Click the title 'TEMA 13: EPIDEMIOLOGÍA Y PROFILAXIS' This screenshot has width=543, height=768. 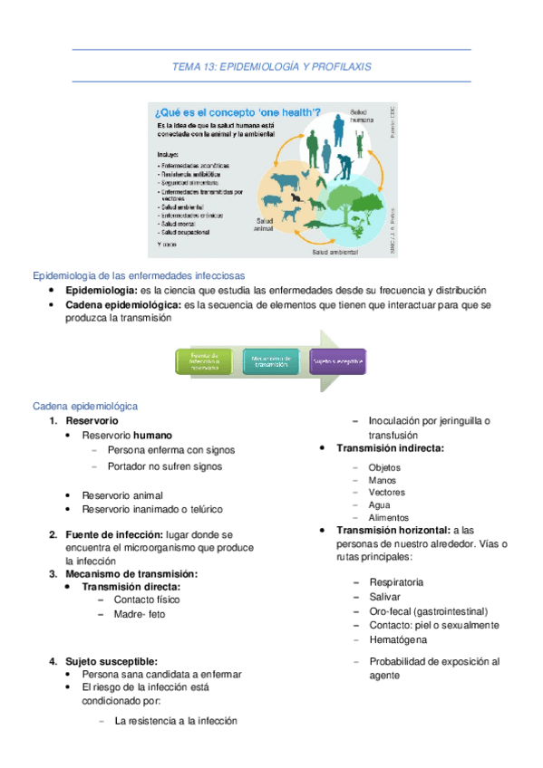271,67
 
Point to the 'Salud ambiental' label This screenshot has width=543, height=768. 337,251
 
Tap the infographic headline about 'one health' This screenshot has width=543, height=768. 230,111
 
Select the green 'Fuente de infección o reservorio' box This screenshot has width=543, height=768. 205,363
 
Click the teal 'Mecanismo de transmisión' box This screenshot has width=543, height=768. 271,362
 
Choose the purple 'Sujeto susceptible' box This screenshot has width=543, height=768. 337,362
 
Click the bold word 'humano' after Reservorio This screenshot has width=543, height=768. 152,436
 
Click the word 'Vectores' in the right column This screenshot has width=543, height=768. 387,493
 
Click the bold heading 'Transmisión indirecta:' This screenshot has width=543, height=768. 390,448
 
